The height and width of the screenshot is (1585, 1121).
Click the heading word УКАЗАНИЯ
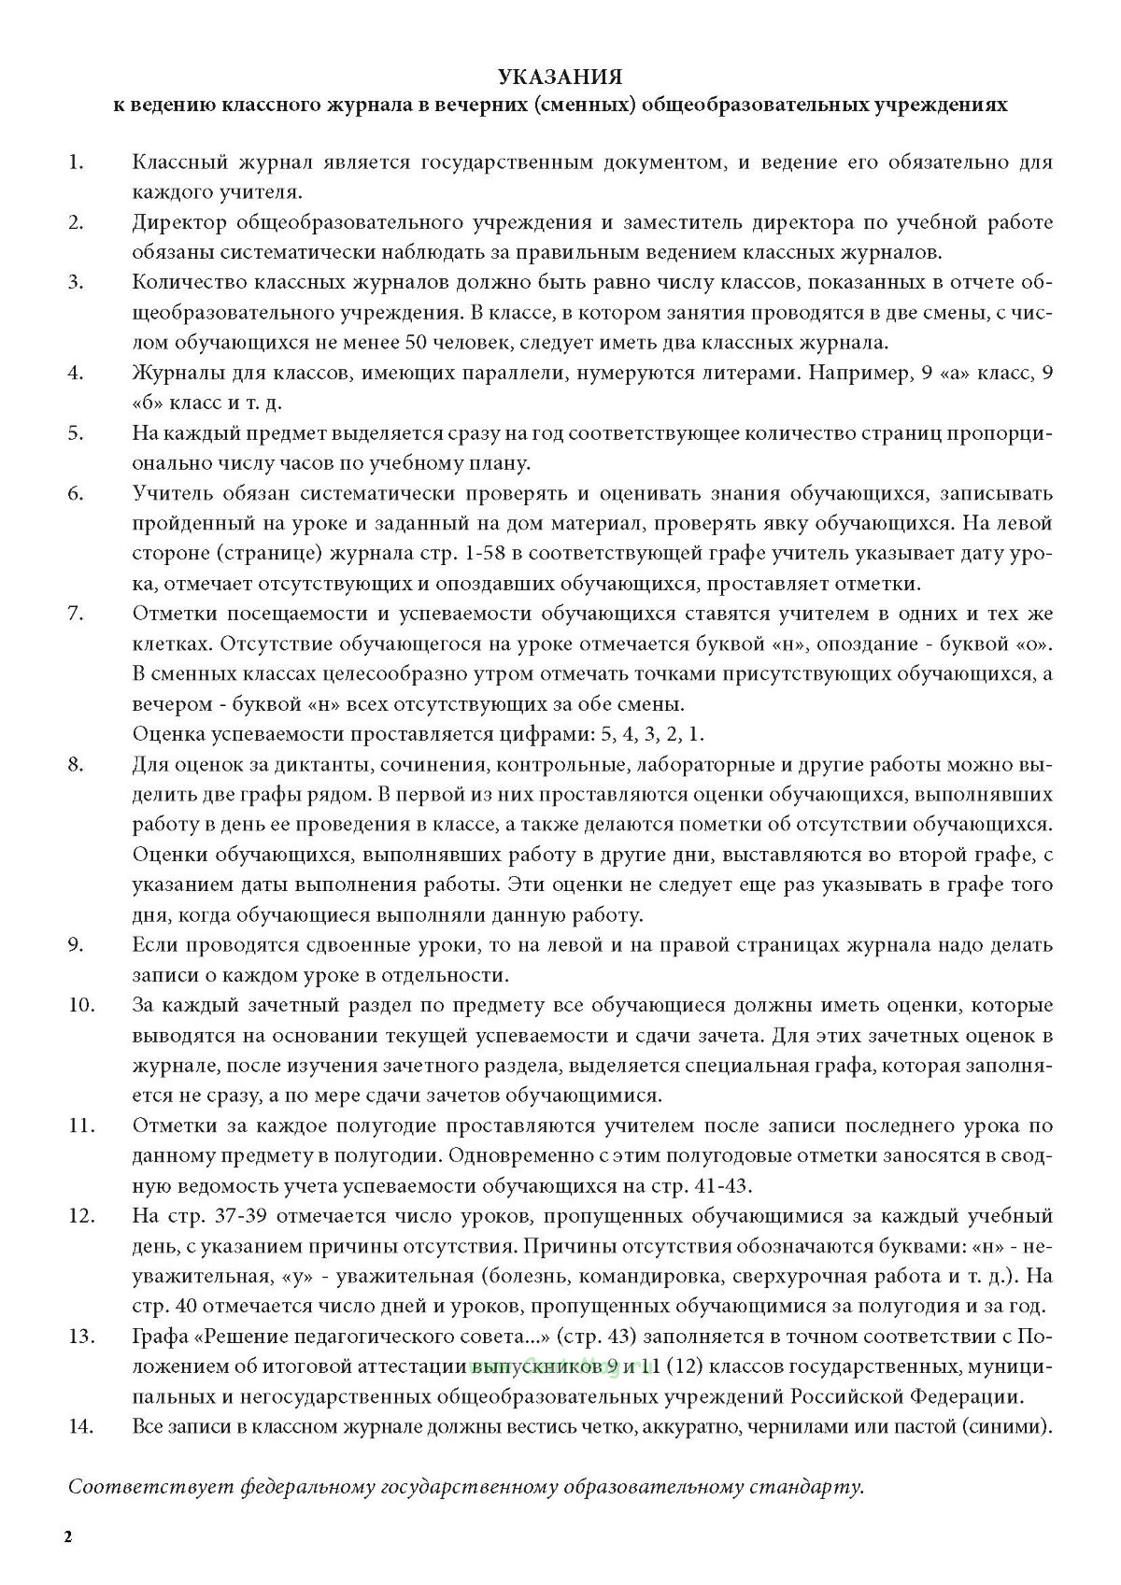coord(560,76)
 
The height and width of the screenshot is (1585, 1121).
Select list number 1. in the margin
coord(75,163)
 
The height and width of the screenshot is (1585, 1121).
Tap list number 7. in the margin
coord(75,614)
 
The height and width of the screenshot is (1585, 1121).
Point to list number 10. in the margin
coord(81,1005)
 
